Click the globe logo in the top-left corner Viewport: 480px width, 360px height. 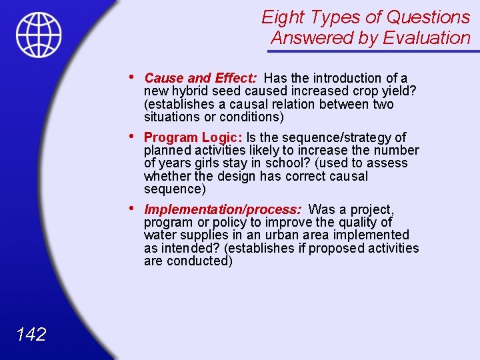pyautogui.click(x=39, y=35)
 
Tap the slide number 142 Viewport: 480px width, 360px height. pyautogui.click(x=30, y=334)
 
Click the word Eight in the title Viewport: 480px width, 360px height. pyautogui.click(x=283, y=17)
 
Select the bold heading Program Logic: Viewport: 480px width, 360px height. pyautogui.click(x=193, y=137)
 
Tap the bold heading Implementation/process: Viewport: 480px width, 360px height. pyautogui.click(x=223, y=209)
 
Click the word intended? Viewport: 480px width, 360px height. pyautogui.click(x=189, y=248)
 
